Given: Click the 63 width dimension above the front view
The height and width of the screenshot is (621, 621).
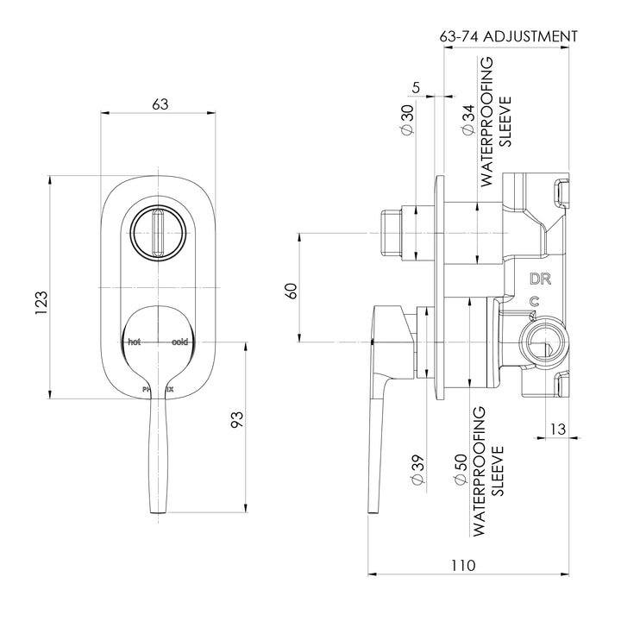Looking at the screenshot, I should pyautogui.click(x=160, y=103).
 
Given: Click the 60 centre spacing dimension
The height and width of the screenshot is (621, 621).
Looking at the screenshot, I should pyautogui.click(x=292, y=292).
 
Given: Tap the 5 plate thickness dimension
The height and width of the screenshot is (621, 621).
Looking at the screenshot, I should pyautogui.click(x=417, y=86).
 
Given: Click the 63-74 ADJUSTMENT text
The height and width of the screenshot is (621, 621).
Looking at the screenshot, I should pyautogui.click(x=508, y=36).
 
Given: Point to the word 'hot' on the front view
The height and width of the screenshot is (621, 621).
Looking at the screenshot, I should pyautogui.click(x=134, y=342).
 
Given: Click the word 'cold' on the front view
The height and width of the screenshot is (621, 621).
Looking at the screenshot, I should pyautogui.click(x=179, y=342).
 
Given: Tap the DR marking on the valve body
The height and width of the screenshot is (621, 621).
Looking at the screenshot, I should pyautogui.click(x=540, y=279).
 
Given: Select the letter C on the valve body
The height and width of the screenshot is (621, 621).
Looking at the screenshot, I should pyautogui.click(x=535, y=301).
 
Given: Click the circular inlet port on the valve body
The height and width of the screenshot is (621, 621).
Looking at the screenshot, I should pyautogui.click(x=541, y=344).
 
